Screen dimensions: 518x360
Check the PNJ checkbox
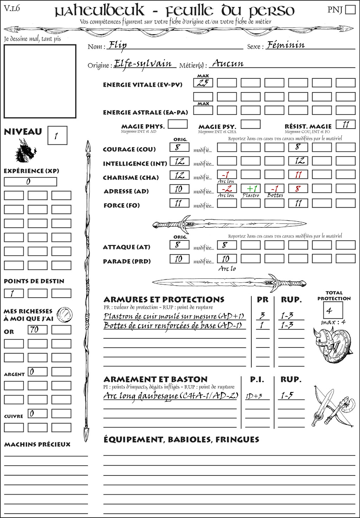click(350, 9)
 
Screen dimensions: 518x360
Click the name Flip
click(117, 45)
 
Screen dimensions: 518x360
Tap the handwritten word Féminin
click(285, 45)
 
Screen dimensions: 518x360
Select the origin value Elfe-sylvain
click(143, 64)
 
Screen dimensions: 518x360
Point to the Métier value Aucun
click(228, 64)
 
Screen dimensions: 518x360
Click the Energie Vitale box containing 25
click(203, 83)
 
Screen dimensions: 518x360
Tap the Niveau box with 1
click(57, 136)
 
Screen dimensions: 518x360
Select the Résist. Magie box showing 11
click(345, 124)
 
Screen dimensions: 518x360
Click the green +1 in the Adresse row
click(251, 188)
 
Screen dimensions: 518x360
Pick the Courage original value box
click(179, 147)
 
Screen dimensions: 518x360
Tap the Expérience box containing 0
click(30, 182)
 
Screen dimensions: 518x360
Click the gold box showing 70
click(37, 330)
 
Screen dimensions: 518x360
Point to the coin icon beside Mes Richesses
click(65, 314)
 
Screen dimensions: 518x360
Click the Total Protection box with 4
click(333, 310)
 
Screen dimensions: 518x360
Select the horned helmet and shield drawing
click(331, 344)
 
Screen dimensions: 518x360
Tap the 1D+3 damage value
click(254, 396)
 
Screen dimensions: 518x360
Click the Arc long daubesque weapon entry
click(171, 396)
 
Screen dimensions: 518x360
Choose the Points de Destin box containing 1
click(14, 293)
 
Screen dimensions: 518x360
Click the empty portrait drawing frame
click(40, 81)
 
